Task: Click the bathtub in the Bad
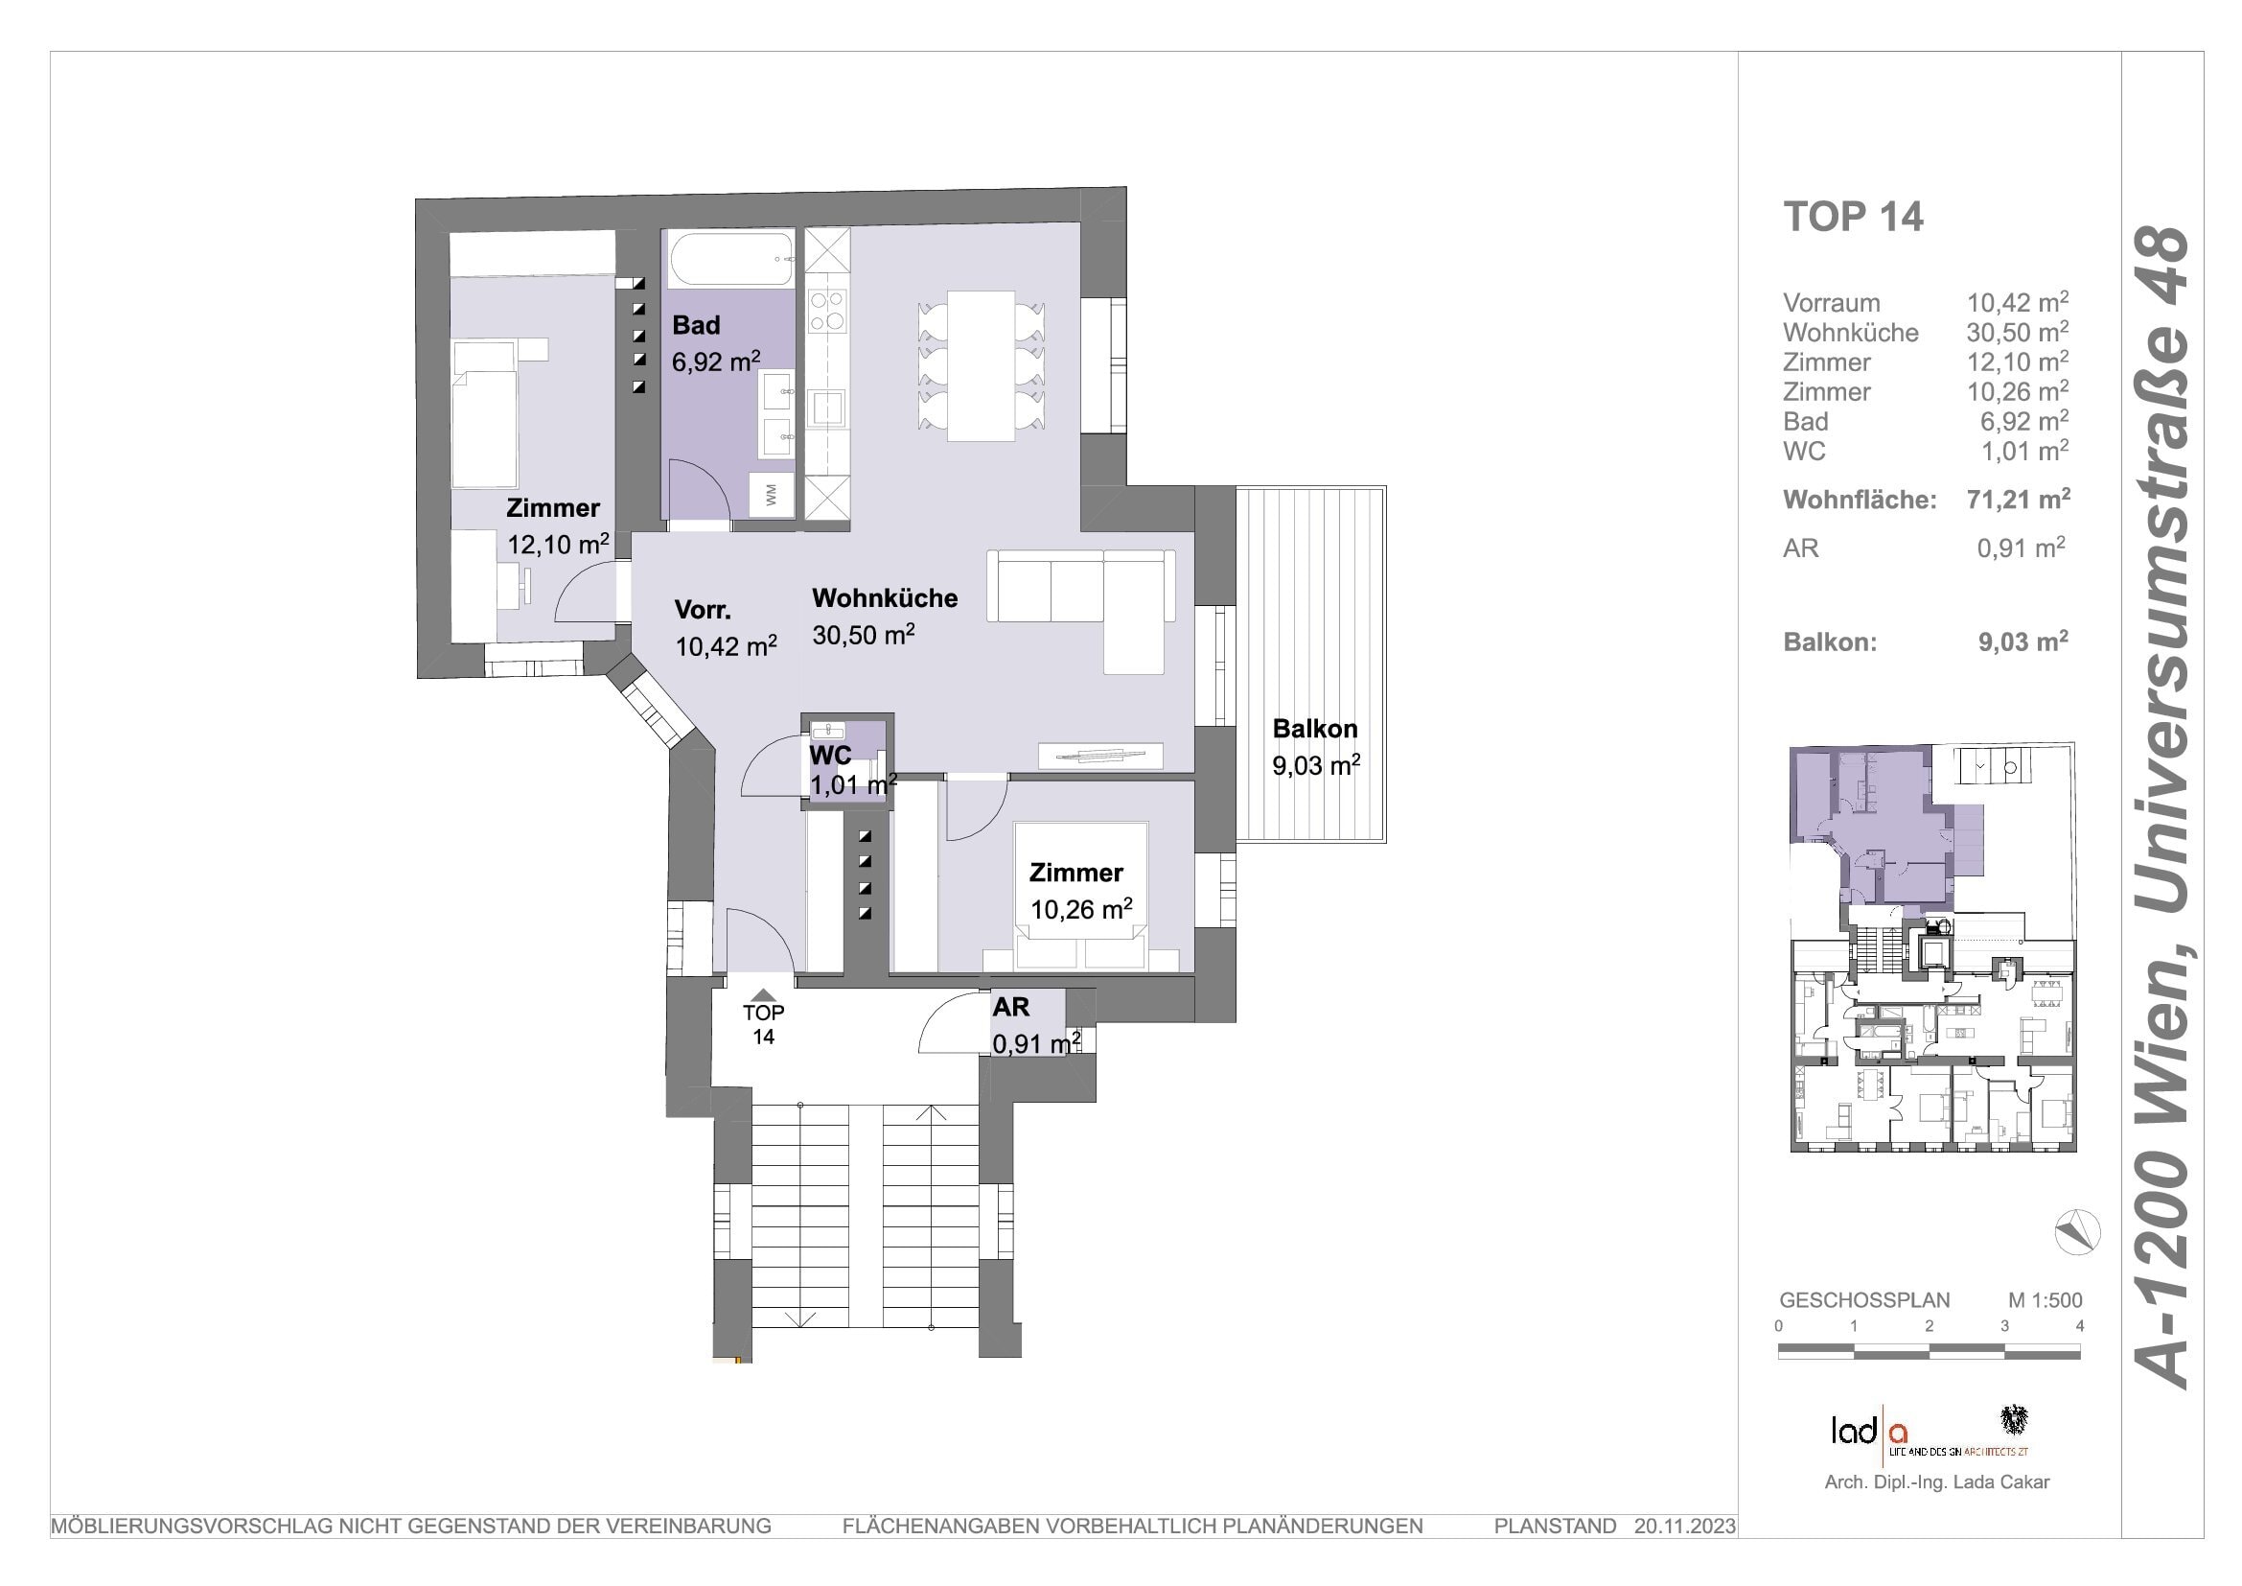click(730, 259)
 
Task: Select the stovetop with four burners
click(828, 310)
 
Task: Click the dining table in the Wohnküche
click(981, 365)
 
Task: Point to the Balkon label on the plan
click(1314, 729)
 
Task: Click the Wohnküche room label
click(885, 597)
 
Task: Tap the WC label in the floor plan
click(830, 755)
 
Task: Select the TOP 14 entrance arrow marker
click(764, 995)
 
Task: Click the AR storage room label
click(1010, 1007)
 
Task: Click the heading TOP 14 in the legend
click(1854, 217)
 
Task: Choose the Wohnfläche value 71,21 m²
click(2018, 500)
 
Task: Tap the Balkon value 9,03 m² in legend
click(2023, 641)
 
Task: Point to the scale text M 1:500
click(2045, 1301)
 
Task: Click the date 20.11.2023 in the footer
click(1685, 1527)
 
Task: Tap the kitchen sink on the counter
click(828, 409)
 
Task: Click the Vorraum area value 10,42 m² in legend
click(2018, 303)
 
